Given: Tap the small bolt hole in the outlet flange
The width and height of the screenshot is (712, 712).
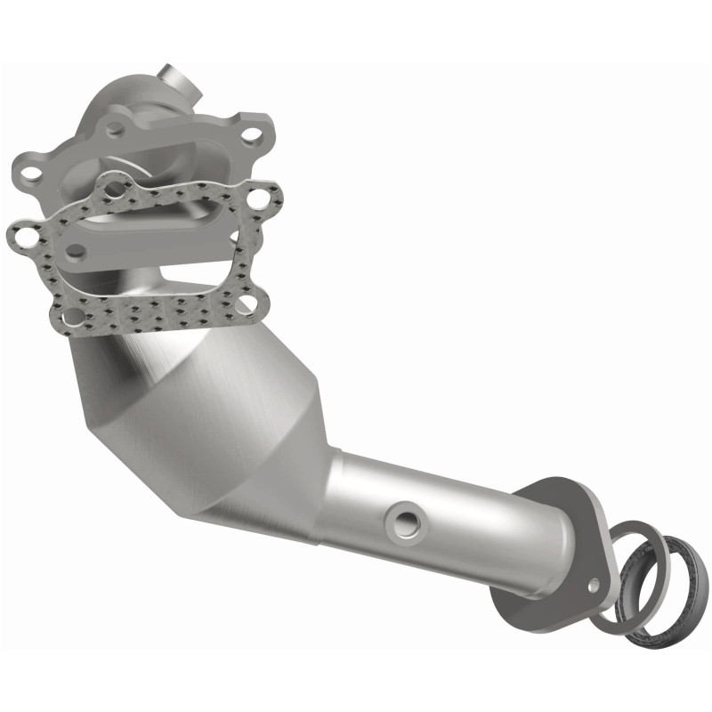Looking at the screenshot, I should (595, 585).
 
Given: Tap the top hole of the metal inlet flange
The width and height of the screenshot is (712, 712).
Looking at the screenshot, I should (114, 130).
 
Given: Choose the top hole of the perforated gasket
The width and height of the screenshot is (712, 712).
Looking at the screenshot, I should (112, 187).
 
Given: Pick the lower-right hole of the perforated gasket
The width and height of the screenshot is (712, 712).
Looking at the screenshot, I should (250, 305).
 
